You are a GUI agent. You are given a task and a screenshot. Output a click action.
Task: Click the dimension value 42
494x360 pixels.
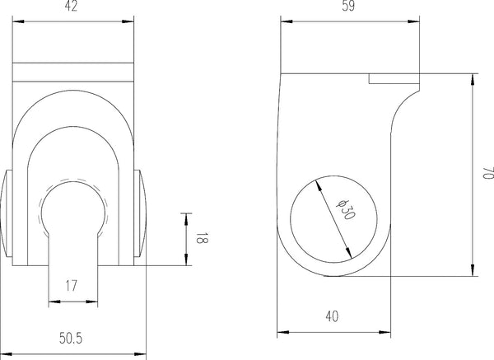(x=73, y=7)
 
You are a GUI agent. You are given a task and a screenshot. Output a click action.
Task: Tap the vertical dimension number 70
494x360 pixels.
(x=487, y=174)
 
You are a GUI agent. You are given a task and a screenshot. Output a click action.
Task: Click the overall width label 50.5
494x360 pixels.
(x=73, y=338)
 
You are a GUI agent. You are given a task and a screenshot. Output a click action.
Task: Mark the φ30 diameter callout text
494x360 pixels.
(x=343, y=211)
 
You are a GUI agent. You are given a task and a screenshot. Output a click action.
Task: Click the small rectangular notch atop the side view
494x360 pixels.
(x=394, y=78)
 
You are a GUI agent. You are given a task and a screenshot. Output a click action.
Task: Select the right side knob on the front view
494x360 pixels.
(x=141, y=216)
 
